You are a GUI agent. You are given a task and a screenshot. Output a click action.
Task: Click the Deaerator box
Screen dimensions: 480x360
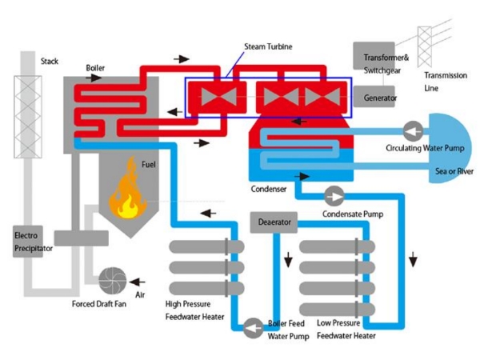click(274, 222)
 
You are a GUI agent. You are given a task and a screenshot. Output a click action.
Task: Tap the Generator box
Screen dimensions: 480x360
click(374, 97)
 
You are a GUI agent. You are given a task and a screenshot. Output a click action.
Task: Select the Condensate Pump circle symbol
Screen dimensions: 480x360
click(334, 196)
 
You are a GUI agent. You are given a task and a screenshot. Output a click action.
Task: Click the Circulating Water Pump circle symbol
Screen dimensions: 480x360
click(413, 131)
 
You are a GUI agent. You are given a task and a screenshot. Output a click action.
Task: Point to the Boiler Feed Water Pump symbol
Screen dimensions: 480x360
click(253, 328)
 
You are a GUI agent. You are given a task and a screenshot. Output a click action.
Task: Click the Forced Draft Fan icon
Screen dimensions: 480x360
click(112, 281)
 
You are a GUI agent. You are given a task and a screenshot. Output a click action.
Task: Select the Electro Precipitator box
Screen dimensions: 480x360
click(27, 242)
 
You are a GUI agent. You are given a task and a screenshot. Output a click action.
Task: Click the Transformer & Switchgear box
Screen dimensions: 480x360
click(374, 56)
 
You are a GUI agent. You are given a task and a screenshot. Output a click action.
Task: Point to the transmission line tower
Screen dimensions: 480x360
click(425, 46)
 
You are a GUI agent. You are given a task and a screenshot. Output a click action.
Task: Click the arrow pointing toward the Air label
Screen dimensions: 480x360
click(137, 282)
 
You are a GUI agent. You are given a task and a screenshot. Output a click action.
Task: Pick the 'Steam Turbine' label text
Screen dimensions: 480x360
click(268, 46)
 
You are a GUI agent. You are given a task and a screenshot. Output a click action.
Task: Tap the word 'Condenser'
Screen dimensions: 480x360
click(269, 189)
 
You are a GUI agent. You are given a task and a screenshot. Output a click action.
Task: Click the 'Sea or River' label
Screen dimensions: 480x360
click(454, 171)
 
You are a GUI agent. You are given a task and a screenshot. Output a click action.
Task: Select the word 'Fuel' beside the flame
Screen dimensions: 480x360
click(149, 164)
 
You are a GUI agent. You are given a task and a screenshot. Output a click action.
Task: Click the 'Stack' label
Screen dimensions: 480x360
click(50, 62)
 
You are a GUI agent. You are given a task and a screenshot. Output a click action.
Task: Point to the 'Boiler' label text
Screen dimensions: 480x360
click(95, 68)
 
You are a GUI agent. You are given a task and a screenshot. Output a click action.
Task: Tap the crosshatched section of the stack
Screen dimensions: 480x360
click(28, 117)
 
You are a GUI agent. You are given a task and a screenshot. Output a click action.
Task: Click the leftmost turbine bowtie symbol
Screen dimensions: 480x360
click(218, 97)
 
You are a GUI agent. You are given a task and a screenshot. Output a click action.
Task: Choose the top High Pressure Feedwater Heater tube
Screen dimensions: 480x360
click(206, 246)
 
